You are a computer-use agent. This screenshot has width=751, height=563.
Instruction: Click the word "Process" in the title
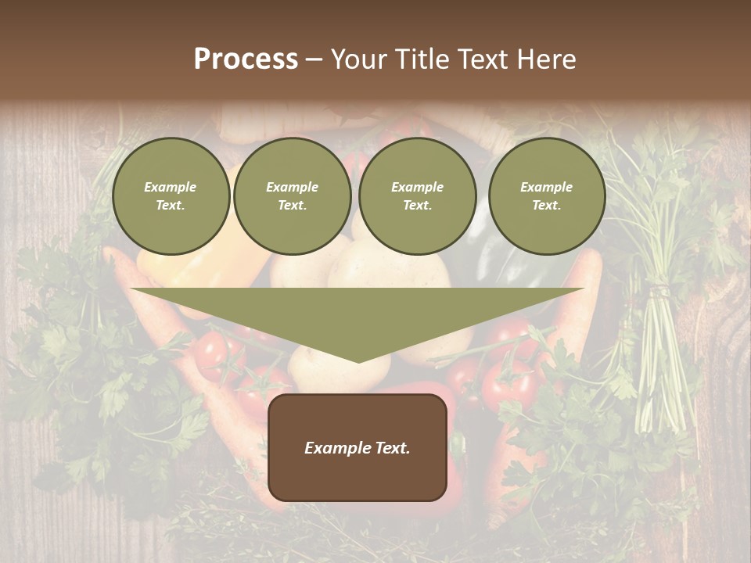pyautogui.click(x=246, y=59)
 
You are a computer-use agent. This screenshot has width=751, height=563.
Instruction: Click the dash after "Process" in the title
pyautogui.click(x=314, y=61)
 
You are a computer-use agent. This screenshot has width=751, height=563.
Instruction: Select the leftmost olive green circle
pyautogui.click(x=171, y=195)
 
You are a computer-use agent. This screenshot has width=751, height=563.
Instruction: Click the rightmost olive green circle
pyautogui.click(x=547, y=195)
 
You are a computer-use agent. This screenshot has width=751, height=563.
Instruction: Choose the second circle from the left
pyautogui.click(x=292, y=195)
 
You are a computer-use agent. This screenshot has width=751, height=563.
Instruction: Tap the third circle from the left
pyautogui.click(x=417, y=195)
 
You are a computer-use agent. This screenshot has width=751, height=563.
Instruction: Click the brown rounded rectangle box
pyautogui.click(x=358, y=447)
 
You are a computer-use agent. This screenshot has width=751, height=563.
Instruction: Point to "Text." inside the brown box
pyautogui.click(x=391, y=448)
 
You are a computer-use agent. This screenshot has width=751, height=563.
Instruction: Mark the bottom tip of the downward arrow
pyautogui.click(x=358, y=361)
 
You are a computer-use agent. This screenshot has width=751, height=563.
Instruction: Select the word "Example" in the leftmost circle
pyautogui.click(x=171, y=187)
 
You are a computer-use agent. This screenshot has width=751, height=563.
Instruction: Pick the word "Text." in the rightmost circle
pyautogui.click(x=547, y=205)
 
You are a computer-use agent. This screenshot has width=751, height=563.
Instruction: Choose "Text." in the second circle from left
pyautogui.click(x=292, y=205)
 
